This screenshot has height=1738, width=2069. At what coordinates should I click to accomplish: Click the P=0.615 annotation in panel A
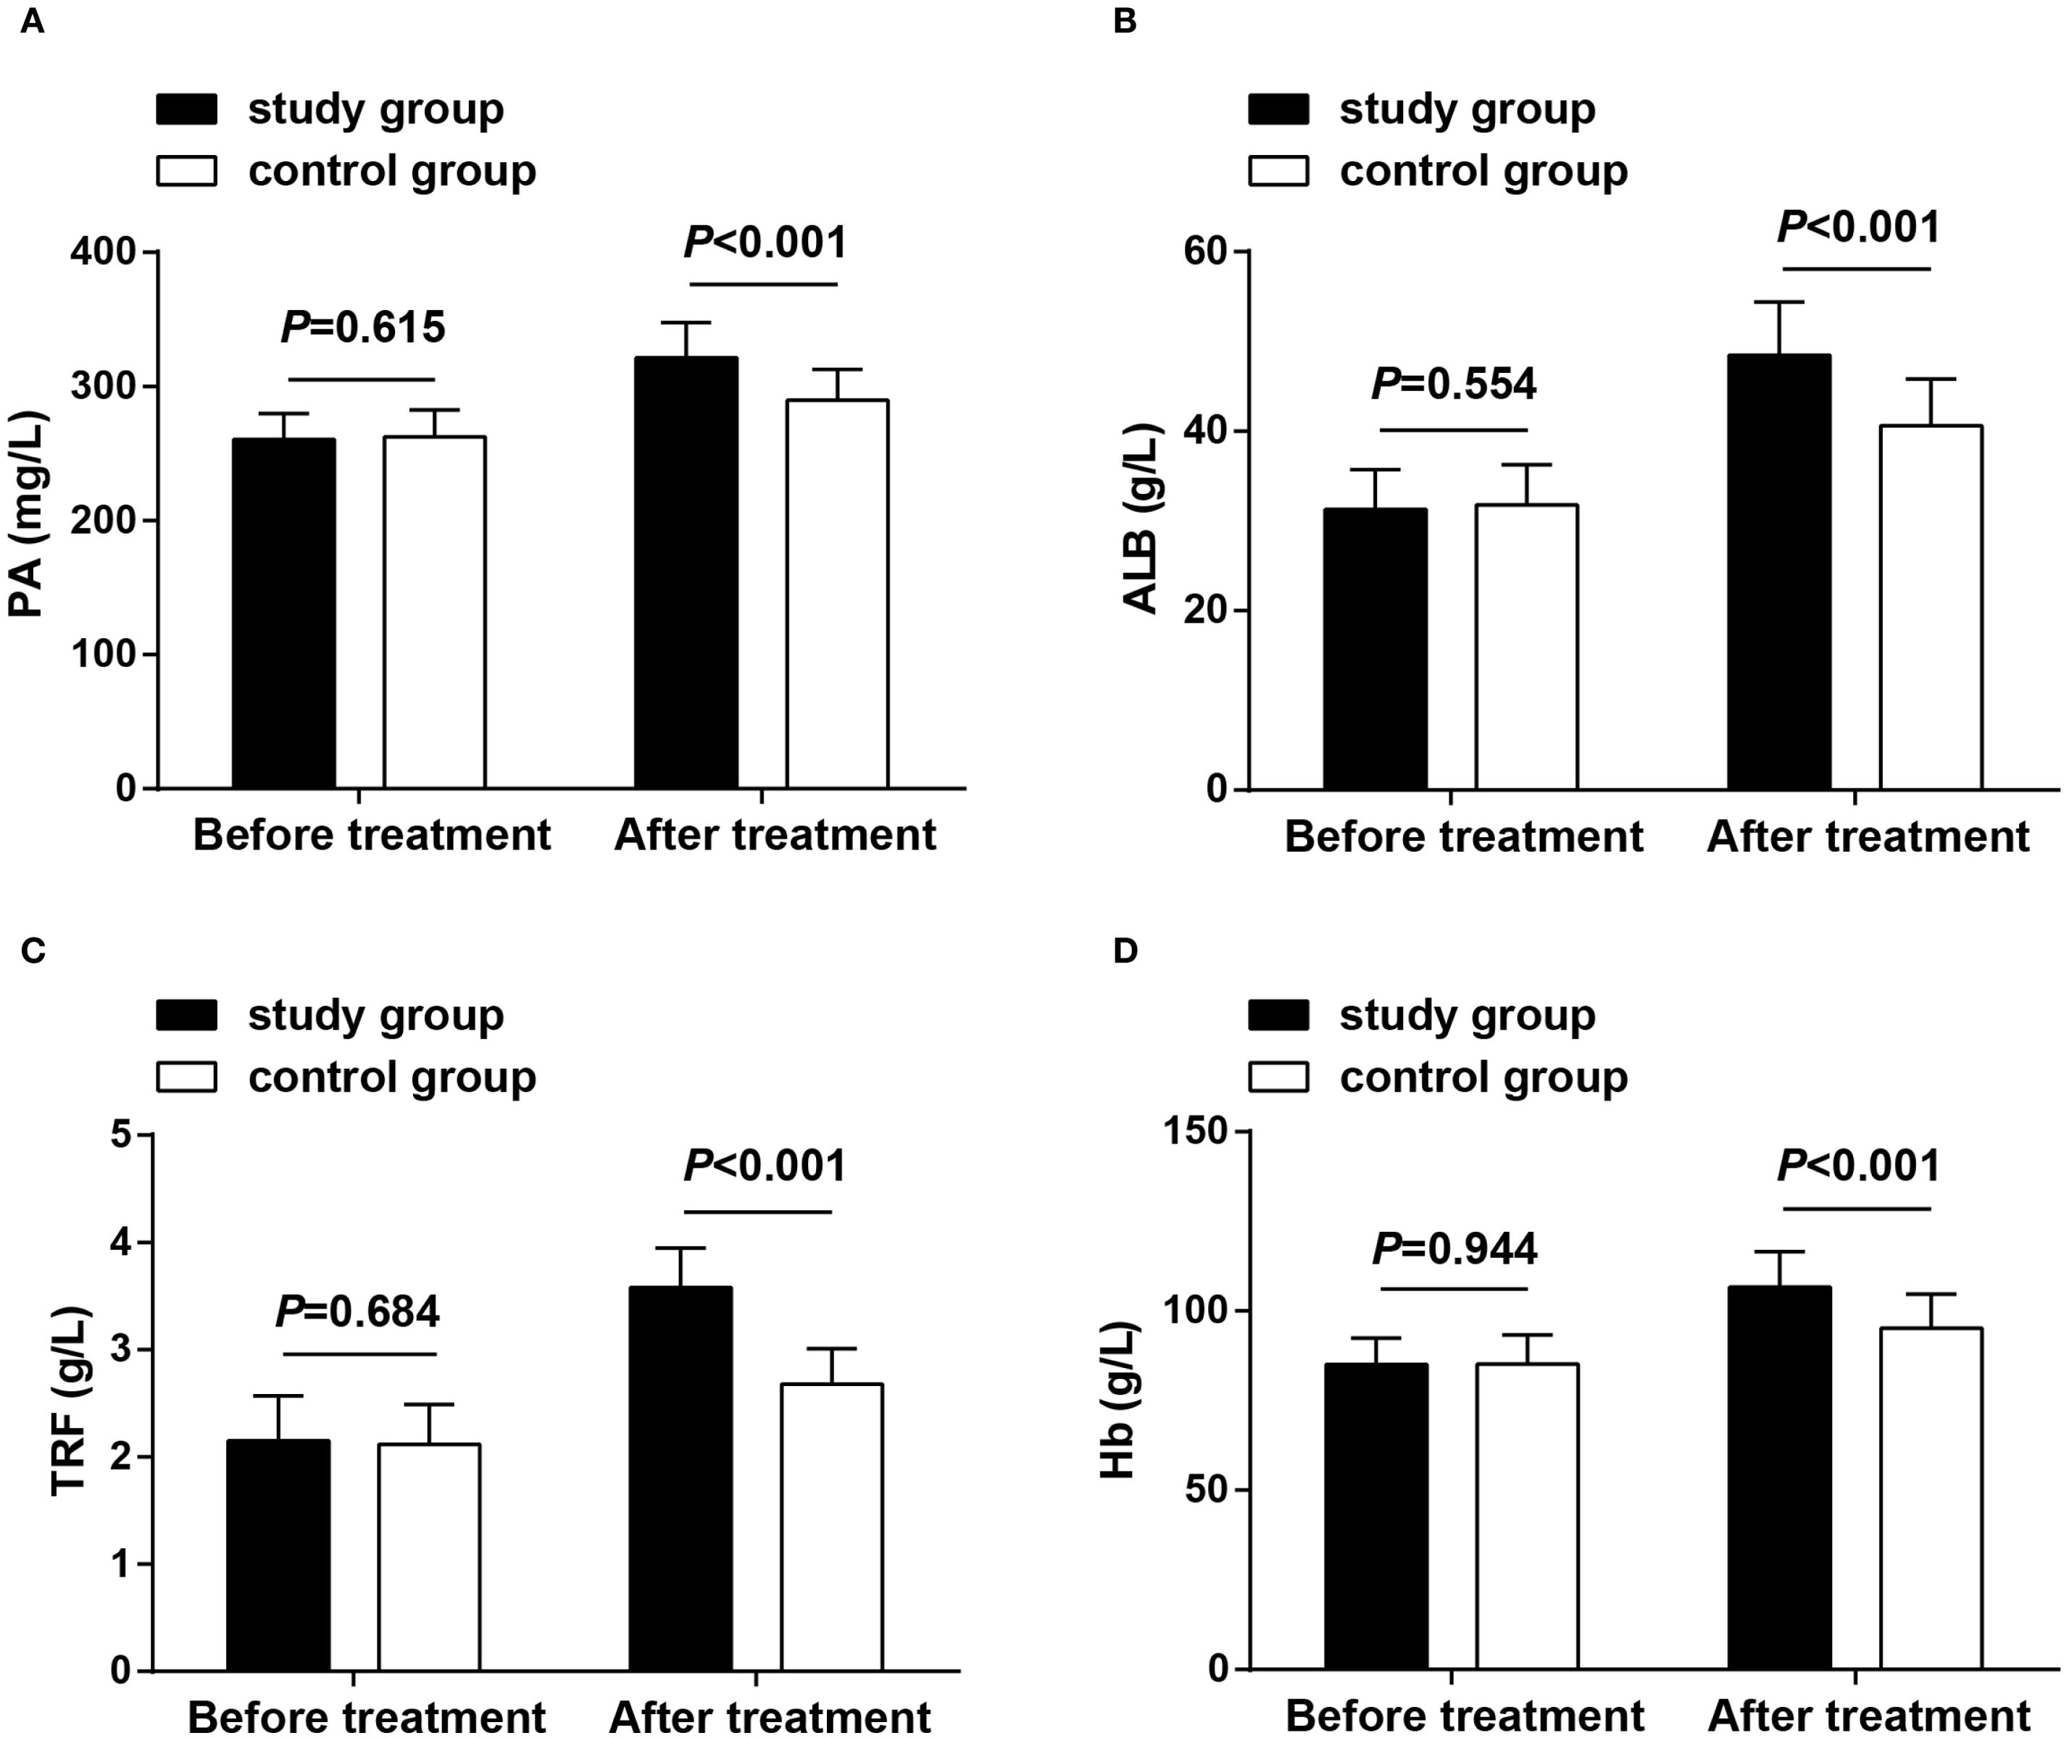tap(363, 328)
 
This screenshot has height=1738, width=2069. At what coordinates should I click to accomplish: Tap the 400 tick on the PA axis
tap(102, 252)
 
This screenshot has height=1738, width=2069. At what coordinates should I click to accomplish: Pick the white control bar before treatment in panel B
tap(1526, 647)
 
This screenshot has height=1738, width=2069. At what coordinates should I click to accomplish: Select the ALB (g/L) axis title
tap(1141, 519)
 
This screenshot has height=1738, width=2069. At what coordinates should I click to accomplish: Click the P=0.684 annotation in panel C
tap(357, 1312)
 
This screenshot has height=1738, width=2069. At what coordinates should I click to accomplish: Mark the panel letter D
tap(1125, 951)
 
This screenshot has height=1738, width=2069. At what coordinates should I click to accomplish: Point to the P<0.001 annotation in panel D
tap(1858, 1167)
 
